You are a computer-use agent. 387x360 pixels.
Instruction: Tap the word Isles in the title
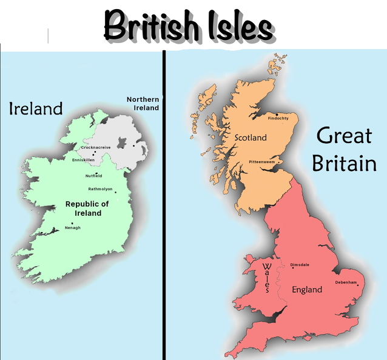click(x=239, y=27)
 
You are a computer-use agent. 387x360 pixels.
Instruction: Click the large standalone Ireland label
click(x=36, y=109)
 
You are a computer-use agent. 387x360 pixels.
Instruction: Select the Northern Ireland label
click(x=143, y=104)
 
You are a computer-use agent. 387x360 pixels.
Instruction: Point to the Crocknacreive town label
click(x=96, y=147)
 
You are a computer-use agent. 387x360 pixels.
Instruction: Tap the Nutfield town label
click(x=93, y=176)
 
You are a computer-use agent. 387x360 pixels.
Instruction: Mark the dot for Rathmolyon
click(x=115, y=193)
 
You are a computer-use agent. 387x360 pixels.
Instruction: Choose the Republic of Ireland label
click(x=87, y=208)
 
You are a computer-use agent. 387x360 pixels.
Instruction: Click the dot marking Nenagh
click(x=72, y=223)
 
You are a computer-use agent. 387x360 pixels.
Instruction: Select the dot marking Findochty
click(x=277, y=114)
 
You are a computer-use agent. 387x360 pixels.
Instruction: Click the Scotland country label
click(x=251, y=138)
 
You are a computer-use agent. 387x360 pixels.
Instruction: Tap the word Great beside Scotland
click(x=344, y=136)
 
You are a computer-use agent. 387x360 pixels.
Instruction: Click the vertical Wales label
click(x=266, y=278)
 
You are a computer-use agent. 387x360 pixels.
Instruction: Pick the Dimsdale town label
click(x=300, y=265)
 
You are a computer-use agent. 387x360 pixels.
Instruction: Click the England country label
click(x=307, y=290)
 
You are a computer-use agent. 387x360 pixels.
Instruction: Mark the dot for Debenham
click(x=358, y=285)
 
